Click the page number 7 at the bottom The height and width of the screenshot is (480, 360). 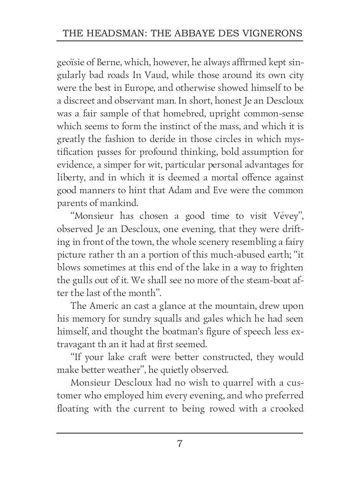click(x=180, y=444)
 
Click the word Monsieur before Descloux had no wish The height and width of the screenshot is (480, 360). click(x=91, y=382)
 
